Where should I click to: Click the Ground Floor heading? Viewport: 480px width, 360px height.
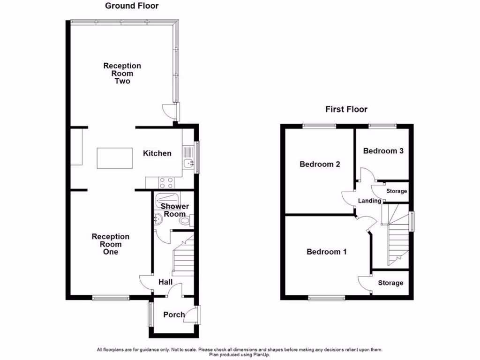pyautogui.click(x=131, y=6)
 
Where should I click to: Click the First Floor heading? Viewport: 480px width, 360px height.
pyautogui.click(x=346, y=109)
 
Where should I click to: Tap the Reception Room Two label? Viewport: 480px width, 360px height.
pyautogui.click(x=122, y=74)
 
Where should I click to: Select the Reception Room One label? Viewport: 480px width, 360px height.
pyautogui.click(x=111, y=244)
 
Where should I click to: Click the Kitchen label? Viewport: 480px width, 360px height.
pyautogui.click(x=157, y=153)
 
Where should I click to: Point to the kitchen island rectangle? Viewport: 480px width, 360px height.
pyautogui.click(x=115, y=158)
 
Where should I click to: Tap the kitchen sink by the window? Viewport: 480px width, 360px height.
pyautogui.click(x=188, y=163)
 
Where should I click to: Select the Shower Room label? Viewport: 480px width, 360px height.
pyautogui.click(x=174, y=210)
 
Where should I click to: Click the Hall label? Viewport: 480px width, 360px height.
pyautogui.click(x=165, y=282)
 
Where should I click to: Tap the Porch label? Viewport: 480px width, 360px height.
pyautogui.click(x=174, y=315)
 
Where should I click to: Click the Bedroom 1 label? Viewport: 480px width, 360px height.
pyautogui.click(x=327, y=252)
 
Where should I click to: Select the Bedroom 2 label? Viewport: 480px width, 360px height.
pyautogui.click(x=320, y=164)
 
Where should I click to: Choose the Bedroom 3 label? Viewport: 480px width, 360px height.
pyautogui.click(x=383, y=151)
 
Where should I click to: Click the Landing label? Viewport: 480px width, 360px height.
pyautogui.click(x=369, y=201)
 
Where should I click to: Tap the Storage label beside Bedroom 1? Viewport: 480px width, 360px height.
pyautogui.click(x=390, y=283)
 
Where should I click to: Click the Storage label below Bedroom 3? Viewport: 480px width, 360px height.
pyautogui.click(x=397, y=191)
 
